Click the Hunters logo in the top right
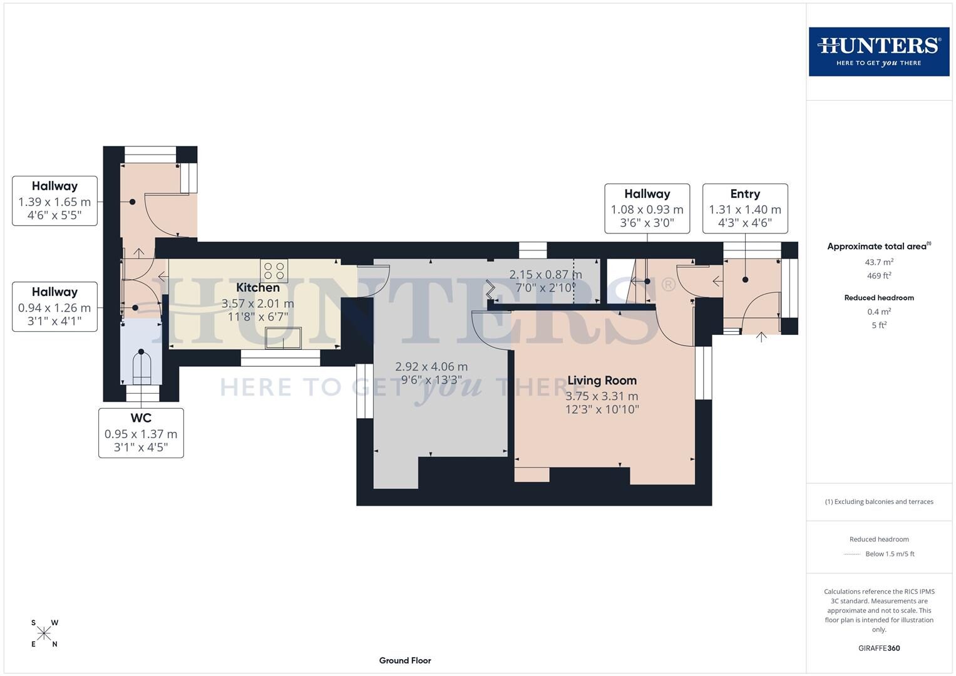click(x=878, y=51)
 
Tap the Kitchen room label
click(x=257, y=288)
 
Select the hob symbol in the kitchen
click(x=274, y=271)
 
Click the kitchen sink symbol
click(x=283, y=338)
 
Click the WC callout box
click(x=141, y=433)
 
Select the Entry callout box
click(x=744, y=208)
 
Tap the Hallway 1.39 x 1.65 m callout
click(x=54, y=201)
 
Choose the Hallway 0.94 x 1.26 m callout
click(x=54, y=307)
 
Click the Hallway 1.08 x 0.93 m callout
click(x=647, y=208)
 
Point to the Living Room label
click(x=602, y=381)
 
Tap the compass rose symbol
click(x=44, y=633)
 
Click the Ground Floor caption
click(x=405, y=660)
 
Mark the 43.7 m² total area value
click(x=879, y=262)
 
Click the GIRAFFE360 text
click(x=879, y=648)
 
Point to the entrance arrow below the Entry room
click(x=761, y=337)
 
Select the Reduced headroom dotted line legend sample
click(x=852, y=554)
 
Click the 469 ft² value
click(x=879, y=275)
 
